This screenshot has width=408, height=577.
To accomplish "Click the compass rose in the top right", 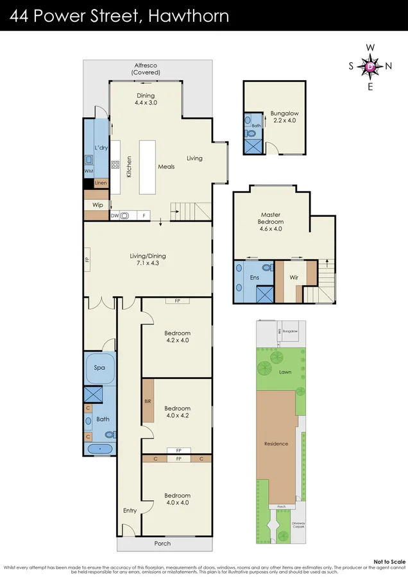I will tap(371, 67).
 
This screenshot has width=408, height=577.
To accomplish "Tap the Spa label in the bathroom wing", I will tap(99, 367).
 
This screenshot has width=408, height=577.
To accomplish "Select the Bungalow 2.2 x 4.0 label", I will tap(284, 117).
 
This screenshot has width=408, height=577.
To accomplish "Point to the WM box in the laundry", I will tap(88, 171).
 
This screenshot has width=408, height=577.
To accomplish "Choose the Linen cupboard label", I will tap(100, 183).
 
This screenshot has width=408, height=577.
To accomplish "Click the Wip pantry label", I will tap(98, 205).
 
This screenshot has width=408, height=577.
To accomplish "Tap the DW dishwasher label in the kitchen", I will tap(114, 216).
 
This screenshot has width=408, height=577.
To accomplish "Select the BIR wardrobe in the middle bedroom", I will tap(148, 401).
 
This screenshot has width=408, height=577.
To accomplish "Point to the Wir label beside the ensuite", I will tap(294, 278).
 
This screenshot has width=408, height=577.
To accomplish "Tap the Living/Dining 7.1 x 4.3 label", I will tap(147, 258).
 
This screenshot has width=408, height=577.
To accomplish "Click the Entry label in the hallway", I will tap(130, 510).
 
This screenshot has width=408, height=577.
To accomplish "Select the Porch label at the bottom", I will tap(163, 544).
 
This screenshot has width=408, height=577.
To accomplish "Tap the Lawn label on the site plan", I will tap(285, 371).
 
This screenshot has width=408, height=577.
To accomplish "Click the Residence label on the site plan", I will tap(276, 444).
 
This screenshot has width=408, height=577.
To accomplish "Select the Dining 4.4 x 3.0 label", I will tap(146, 99).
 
